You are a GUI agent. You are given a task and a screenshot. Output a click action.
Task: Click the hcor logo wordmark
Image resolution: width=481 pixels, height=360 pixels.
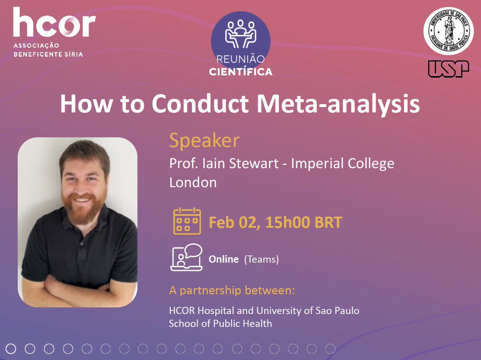coord(54,22)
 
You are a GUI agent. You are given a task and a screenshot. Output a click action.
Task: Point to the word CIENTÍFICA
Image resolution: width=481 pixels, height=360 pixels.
coord(240,72)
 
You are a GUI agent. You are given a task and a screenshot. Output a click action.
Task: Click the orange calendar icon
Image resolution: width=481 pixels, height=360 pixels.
coord(187,221)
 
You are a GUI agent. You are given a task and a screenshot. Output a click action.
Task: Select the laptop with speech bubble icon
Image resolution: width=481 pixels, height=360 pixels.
coord(186,257)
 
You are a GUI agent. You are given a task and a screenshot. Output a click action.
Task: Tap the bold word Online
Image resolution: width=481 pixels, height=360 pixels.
coord(224,259)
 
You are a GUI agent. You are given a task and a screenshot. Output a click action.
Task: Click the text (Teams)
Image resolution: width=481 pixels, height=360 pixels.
coord(261,259)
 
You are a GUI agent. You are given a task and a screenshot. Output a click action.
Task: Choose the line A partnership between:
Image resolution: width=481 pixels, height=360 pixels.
coord(232,290)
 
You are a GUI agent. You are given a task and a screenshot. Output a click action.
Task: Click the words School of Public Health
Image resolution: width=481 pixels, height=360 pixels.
coord(220,323)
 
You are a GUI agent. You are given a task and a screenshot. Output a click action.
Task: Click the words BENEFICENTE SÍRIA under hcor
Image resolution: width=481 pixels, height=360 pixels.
coord(48,54)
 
